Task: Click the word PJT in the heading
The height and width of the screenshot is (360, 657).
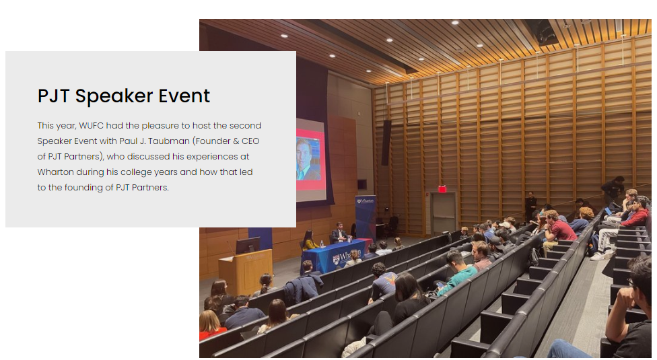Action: (x=53, y=96)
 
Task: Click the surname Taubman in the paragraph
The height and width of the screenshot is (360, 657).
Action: (x=169, y=141)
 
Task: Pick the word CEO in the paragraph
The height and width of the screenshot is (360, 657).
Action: (x=250, y=141)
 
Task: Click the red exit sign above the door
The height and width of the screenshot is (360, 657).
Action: (x=442, y=189)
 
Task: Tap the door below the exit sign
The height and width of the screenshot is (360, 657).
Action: (x=444, y=213)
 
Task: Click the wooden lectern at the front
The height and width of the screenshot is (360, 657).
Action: (x=246, y=271)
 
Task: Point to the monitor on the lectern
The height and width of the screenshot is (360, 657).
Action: (x=247, y=245)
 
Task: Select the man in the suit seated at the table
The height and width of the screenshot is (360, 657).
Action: (x=339, y=233)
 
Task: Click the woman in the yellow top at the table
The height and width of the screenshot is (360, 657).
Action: (x=310, y=240)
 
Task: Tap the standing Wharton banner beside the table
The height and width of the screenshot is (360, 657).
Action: (x=366, y=217)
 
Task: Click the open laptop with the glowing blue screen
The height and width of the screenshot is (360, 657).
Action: (x=609, y=211)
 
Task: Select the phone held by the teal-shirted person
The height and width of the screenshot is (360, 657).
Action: (x=440, y=285)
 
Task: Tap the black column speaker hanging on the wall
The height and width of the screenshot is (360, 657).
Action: (x=386, y=143)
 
